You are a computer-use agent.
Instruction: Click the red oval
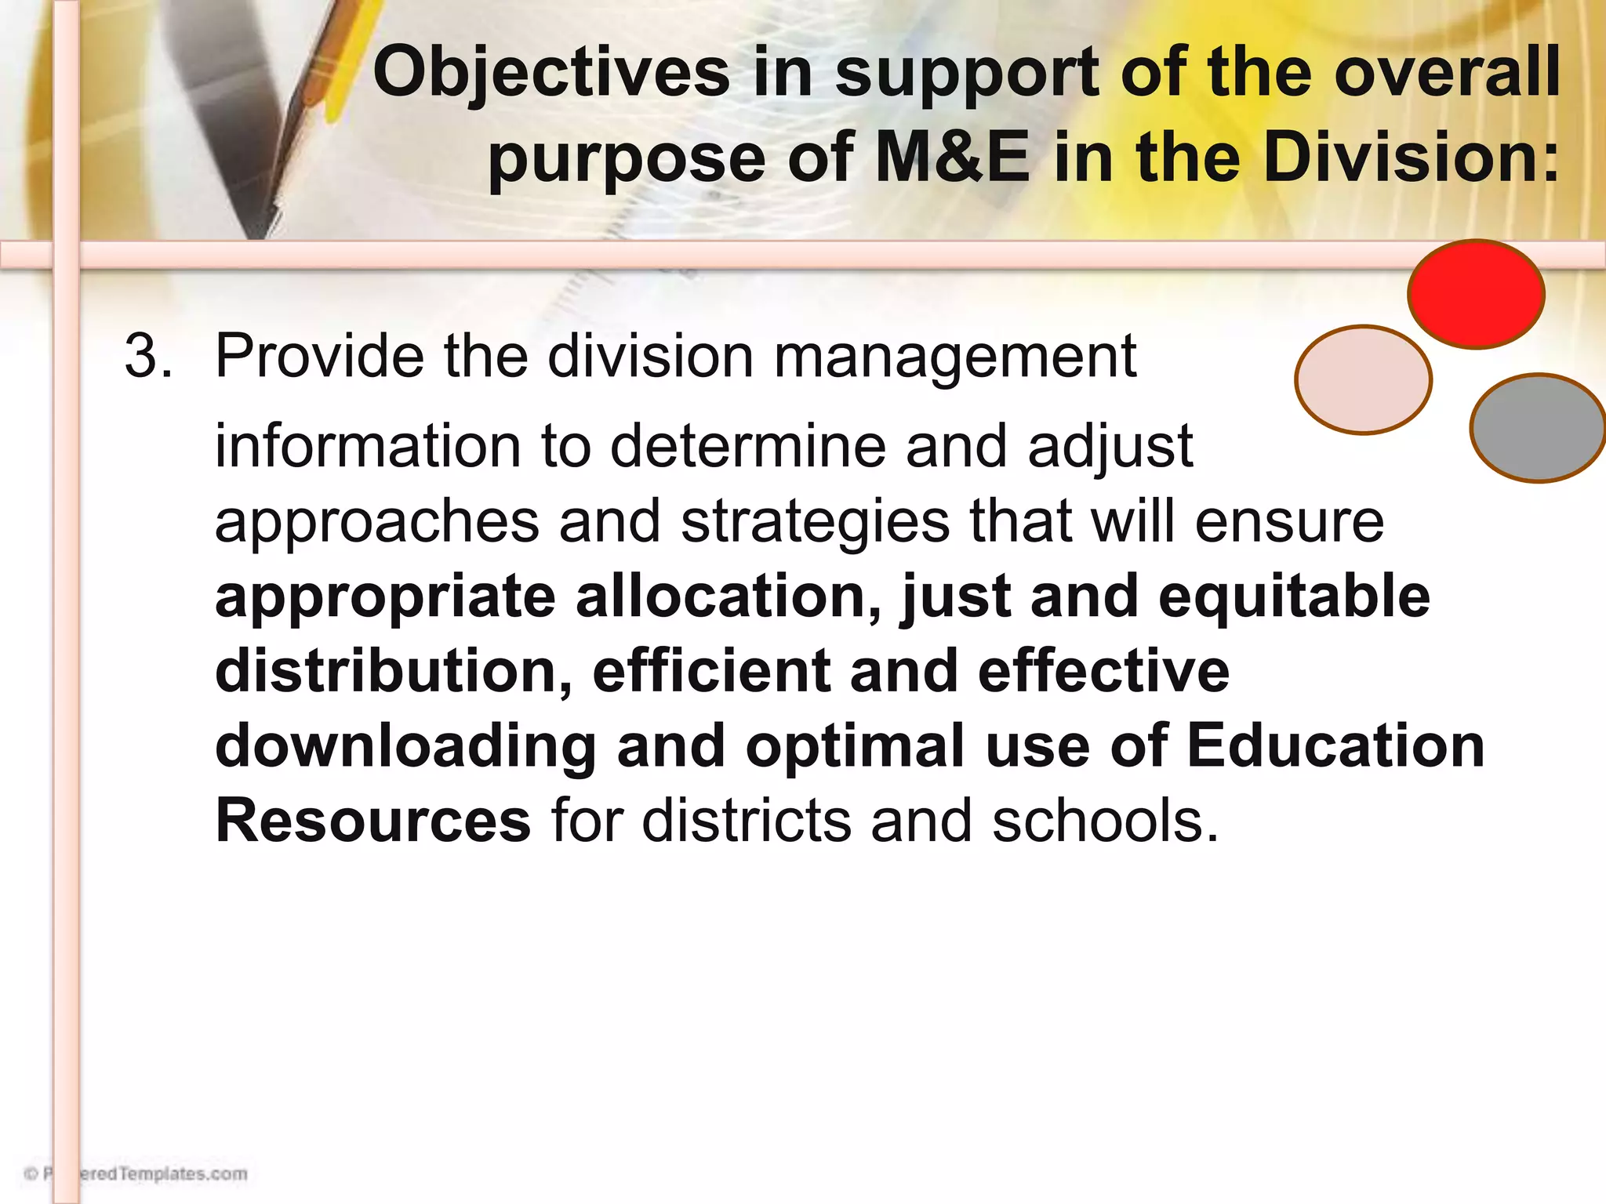pos(1476,294)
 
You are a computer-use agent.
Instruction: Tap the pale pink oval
pos(1363,379)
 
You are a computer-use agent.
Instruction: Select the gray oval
pos(1538,428)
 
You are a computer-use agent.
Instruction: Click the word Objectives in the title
pos(551,73)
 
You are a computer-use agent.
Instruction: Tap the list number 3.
pos(147,357)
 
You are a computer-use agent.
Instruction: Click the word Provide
pos(319,357)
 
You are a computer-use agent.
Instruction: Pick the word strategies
pos(815,522)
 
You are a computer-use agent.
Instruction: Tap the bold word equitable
pos(1294,598)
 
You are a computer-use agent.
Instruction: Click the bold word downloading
pos(405,747)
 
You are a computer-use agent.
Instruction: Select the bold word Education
pos(1335,745)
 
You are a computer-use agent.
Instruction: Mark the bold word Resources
pos(373,821)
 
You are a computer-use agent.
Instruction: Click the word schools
pos(1106,821)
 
